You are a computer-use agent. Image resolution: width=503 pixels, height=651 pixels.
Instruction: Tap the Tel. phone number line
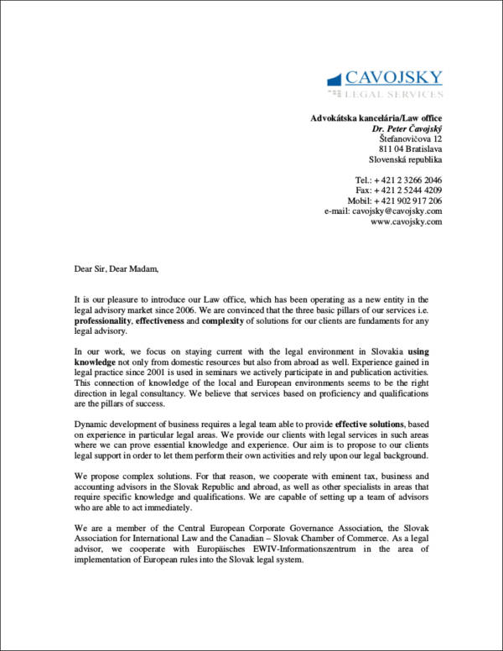point(398,180)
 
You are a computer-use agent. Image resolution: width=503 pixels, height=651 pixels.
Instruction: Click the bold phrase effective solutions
point(371,423)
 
